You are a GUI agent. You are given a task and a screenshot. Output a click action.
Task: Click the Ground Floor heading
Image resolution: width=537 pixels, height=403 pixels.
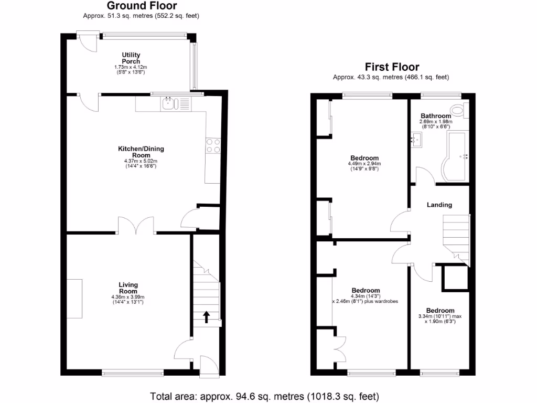click(x=142, y=6)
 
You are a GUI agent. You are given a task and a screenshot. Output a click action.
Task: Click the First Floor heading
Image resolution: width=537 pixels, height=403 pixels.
click(x=392, y=67)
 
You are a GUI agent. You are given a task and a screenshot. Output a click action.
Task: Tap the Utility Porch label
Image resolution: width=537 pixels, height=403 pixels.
click(x=131, y=58)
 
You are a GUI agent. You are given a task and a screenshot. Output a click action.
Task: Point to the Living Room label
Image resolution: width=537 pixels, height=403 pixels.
click(x=128, y=288)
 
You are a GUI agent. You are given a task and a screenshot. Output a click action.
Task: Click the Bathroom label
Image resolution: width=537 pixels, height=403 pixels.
click(x=435, y=116)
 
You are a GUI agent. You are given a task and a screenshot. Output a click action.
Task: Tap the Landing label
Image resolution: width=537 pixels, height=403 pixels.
click(x=439, y=205)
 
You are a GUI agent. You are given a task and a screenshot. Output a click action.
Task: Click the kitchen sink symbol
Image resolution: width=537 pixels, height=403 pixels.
click(x=169, y=104)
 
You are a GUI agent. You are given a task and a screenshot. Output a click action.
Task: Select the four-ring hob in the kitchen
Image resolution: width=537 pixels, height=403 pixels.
click(x=213, y=145)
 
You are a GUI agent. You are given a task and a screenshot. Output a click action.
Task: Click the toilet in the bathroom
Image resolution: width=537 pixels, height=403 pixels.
click(x=460, y=110)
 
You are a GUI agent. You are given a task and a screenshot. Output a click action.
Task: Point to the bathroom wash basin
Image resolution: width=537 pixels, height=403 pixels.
click(x=416, y=140)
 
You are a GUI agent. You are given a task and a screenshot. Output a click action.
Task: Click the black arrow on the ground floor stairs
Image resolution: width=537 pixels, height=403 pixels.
click(x=206, y=316)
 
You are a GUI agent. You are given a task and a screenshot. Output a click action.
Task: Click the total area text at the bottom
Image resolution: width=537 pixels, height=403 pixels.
click(x=264, y=396)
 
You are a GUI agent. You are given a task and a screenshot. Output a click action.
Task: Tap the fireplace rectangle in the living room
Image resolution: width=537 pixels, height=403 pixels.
click(x=74, y=299)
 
